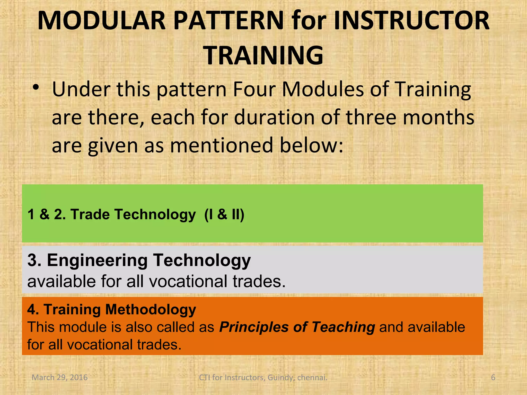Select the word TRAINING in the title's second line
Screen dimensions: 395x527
pyautogui.click(x=263, y=56)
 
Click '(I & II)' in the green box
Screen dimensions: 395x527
pyautogui.click(x=224, y=214)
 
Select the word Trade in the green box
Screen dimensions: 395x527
pyautogui.click(x=90, y=214)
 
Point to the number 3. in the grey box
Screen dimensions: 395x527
pyautogui.click(x=34, y=260)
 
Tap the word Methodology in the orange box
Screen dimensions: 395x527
pyautogui.click(x=151, y=309)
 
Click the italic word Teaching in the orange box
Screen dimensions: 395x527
pyautogui.click(x=343, y=327)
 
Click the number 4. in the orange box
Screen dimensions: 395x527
pyautogui.click(x=33, y=309)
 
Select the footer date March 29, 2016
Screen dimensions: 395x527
pyautogui.click(x=59, y=378)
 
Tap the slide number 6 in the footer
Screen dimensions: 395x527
pyautogui.click(x=493, y=378)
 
